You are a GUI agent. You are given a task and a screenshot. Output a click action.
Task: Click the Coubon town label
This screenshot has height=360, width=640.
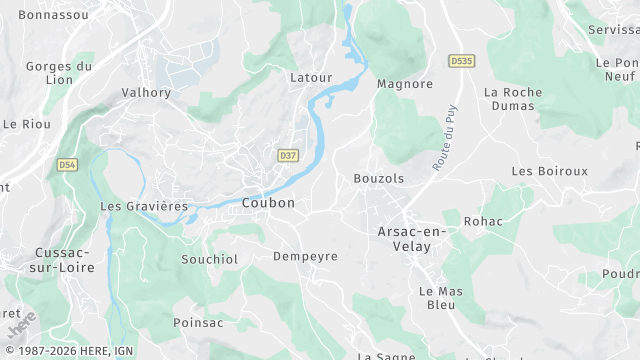[268, 203]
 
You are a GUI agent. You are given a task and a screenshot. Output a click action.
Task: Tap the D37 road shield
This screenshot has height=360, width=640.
[288, 156]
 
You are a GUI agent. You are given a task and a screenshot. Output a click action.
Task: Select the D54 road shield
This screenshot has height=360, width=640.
[67, 164]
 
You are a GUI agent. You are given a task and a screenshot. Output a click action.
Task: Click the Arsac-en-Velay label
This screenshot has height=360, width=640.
[412, 239]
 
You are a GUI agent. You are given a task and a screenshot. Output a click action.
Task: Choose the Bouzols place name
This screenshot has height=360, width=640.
[379, 178]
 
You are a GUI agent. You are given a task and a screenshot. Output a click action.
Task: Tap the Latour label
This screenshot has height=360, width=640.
[310, 77]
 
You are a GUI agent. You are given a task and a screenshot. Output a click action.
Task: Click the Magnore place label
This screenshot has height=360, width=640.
[404, 84]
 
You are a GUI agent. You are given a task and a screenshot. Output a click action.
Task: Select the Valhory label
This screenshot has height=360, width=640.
[146, 92]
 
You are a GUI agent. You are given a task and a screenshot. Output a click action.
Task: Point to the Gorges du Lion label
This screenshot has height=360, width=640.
[59, 74]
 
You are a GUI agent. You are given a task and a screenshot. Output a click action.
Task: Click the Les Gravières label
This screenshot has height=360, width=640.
[144, 206]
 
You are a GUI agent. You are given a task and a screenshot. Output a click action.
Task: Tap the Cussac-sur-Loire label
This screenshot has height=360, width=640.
[64, 260]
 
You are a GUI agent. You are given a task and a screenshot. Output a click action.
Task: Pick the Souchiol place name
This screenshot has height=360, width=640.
[209, 259]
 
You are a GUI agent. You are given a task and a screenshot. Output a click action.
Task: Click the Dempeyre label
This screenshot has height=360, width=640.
[305, 256]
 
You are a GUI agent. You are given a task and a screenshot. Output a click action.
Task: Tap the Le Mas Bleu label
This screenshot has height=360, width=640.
[436, 297]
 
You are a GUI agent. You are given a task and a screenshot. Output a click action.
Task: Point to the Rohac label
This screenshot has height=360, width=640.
[484, 221]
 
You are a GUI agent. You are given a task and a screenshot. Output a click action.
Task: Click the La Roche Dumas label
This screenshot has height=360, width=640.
[512, 100]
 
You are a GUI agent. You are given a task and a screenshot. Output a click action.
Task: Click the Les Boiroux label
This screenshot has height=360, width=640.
[549, 171]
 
